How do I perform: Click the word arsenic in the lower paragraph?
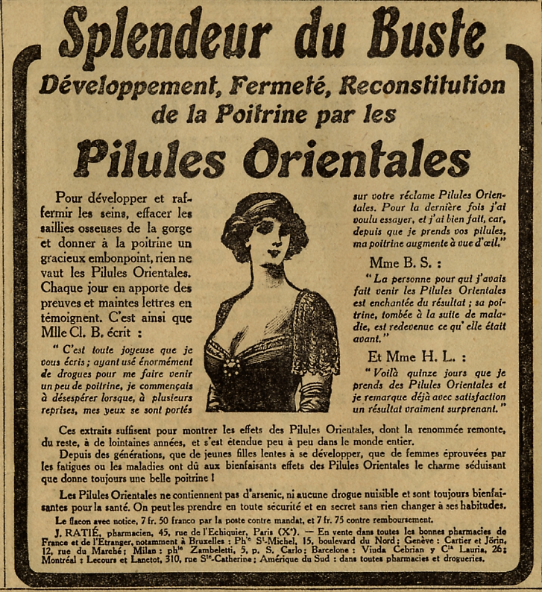point(277,494)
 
